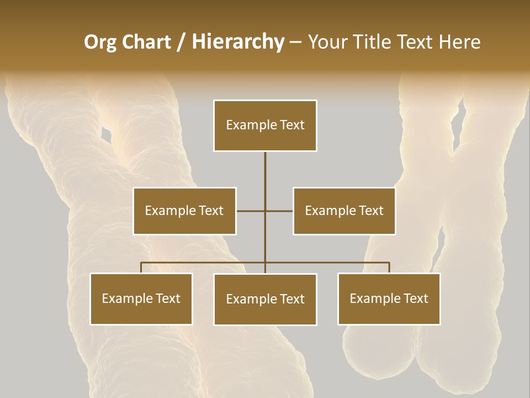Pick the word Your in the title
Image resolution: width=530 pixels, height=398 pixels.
[326, 42]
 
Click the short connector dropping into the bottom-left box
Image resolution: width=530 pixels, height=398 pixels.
[141, 268]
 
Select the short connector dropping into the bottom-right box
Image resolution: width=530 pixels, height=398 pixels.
[389, 268]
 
